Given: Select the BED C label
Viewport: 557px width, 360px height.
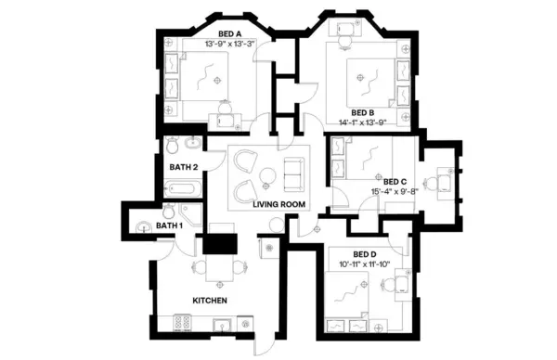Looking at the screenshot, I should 395,182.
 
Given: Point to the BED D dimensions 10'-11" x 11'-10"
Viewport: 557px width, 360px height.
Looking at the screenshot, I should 365,264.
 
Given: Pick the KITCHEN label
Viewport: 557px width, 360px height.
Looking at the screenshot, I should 209,301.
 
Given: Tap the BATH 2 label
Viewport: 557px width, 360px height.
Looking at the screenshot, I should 183,167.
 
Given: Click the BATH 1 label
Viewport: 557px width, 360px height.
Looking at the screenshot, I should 169,225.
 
